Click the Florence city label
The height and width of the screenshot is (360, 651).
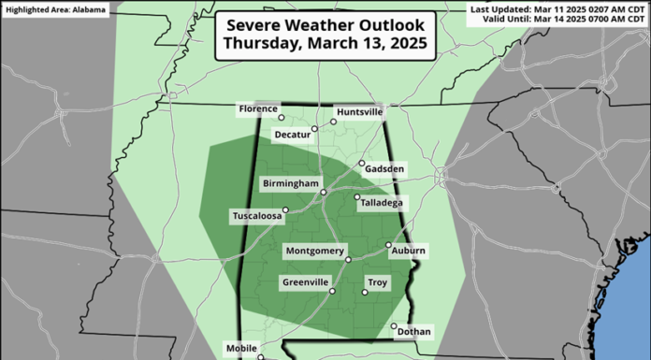258,108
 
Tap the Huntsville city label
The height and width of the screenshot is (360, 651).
359,111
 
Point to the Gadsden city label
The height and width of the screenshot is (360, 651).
387,169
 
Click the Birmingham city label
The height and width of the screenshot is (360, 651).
291,183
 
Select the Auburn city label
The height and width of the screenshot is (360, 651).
409,252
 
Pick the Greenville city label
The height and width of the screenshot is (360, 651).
305,282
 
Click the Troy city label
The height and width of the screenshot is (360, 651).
377,282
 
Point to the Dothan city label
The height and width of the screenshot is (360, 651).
413,332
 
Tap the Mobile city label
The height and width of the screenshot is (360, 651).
241,349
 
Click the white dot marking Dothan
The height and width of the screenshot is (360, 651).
394,326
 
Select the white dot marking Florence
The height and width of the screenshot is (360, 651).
282,118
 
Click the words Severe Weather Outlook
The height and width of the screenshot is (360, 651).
325,24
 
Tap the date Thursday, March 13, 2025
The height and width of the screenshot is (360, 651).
325,45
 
